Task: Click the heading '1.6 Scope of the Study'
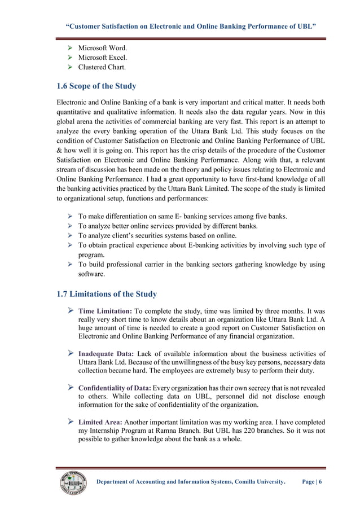coord(96,86)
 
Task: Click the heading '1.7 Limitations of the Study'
coord(107,294)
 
